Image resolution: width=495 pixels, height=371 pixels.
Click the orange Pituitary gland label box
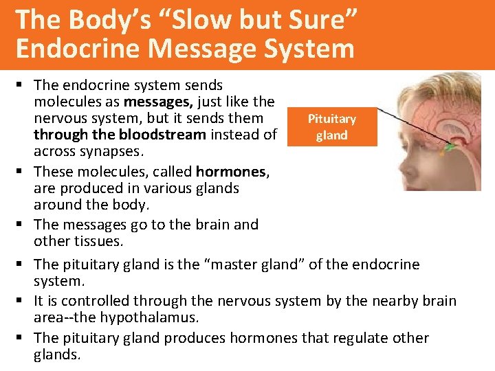[331, 127]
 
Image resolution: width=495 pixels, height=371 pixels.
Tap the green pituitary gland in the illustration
[450, 146]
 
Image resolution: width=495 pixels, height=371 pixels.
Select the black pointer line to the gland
[412, 124]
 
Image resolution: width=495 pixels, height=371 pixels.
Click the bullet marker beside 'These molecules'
[23, 170]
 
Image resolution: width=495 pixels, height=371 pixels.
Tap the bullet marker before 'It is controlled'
[23, 301]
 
